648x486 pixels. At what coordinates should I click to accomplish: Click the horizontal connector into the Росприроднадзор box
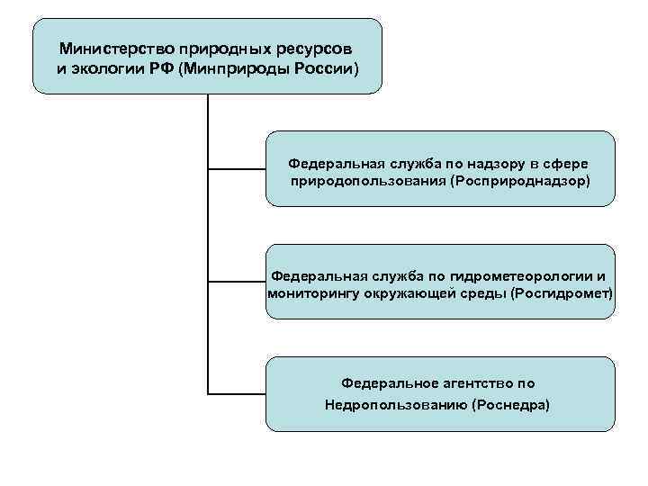237,167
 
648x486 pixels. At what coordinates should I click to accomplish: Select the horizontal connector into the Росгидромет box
237,281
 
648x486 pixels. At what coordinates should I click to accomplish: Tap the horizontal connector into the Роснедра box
237,393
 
